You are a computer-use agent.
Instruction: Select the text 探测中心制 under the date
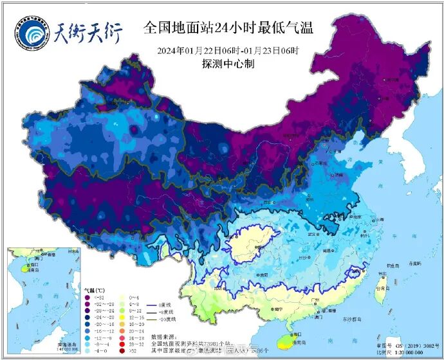228,64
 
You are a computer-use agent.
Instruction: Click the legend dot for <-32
88,296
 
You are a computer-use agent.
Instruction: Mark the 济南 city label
338,174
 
